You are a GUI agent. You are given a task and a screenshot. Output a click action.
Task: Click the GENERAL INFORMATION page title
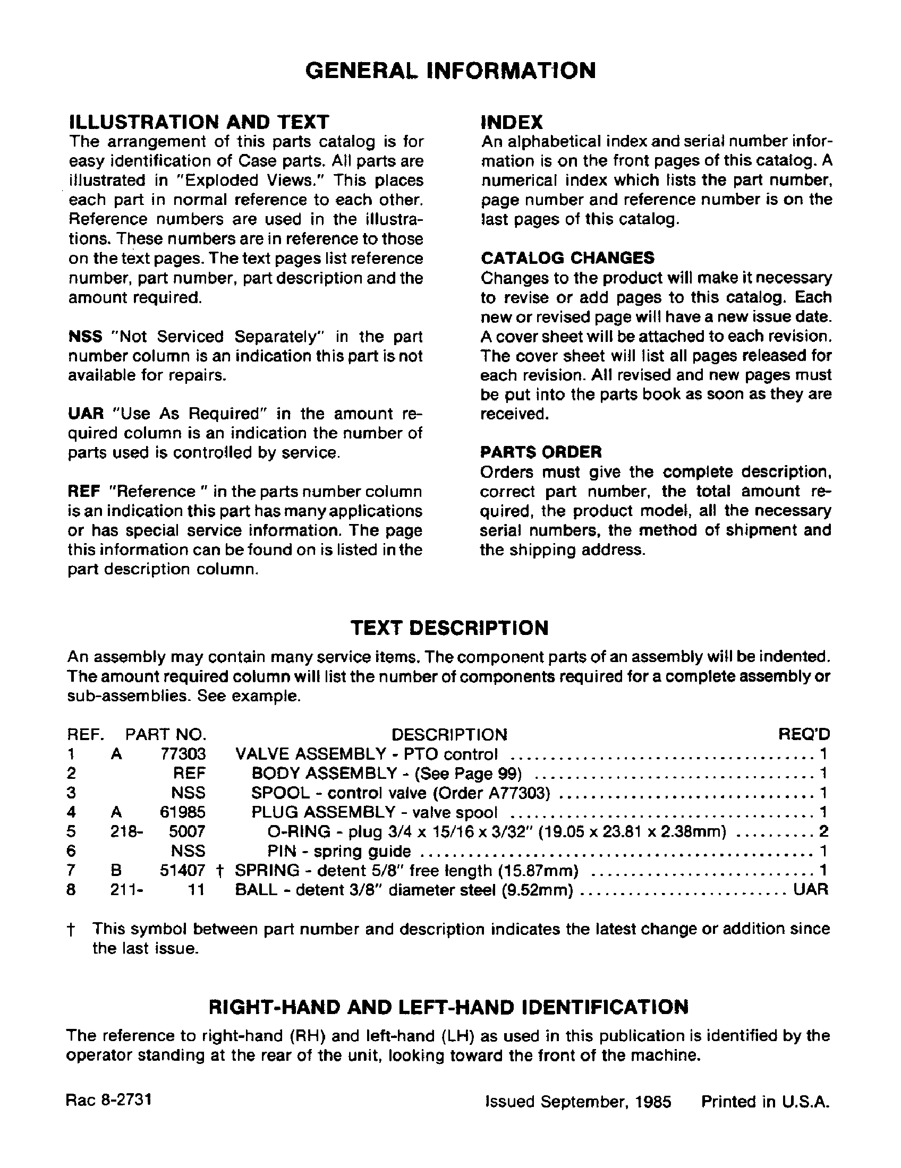point(450,70)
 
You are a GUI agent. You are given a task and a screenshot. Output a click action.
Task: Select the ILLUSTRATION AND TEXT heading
point(199,122)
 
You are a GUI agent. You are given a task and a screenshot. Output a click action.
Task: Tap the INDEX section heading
point(512,122)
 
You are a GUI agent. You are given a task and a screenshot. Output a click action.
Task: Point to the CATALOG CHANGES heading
point(567,258)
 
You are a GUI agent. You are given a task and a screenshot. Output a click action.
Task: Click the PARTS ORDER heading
point(541,452)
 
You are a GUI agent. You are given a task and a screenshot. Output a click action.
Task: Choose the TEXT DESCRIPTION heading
point(449,628)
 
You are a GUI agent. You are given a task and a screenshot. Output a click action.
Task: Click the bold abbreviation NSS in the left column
point(85,337)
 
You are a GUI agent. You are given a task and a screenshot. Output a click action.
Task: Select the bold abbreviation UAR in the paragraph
point(86,414)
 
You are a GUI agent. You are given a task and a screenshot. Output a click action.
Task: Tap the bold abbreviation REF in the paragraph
point(84,492)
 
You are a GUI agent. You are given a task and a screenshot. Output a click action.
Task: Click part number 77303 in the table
point(183,754)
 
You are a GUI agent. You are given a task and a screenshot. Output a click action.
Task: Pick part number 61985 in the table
point(183,812)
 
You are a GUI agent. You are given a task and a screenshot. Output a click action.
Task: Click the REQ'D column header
point(804,734)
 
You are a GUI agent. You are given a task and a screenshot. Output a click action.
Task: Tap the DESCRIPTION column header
point(449,734)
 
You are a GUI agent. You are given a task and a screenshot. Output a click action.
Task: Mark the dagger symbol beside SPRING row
point(219,871)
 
